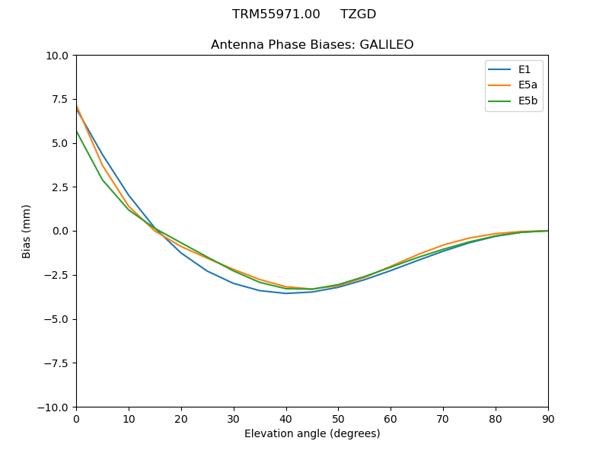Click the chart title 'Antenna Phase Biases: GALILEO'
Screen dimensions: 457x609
(x=312, y=45)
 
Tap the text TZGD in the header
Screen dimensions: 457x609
(x=358, y=14)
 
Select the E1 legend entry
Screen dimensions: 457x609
(x=525, y=70)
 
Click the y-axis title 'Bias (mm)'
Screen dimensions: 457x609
(x=27, y=231)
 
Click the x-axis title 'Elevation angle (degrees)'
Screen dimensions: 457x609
(x=312, y=434)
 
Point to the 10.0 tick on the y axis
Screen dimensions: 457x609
(x=59, y=56)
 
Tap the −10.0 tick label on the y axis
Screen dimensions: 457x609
(x=56, y=407)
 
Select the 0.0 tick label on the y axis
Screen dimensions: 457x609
(x=62, y=231)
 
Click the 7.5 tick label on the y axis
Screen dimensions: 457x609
(x=62, y=99)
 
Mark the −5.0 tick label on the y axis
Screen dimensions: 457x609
(x=59, y=319)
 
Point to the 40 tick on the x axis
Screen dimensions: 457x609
(x=286, y=419)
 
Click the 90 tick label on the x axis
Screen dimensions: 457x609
(x=548, y=419)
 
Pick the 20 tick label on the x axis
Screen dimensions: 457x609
(x=181, y=419)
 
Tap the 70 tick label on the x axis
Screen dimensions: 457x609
(x=443, y=419)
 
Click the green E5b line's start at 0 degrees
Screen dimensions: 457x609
(x=76, y=132)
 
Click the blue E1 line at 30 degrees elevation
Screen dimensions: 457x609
(x=234, y=283)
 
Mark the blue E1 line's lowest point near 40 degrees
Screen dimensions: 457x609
(x=286, y=293)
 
